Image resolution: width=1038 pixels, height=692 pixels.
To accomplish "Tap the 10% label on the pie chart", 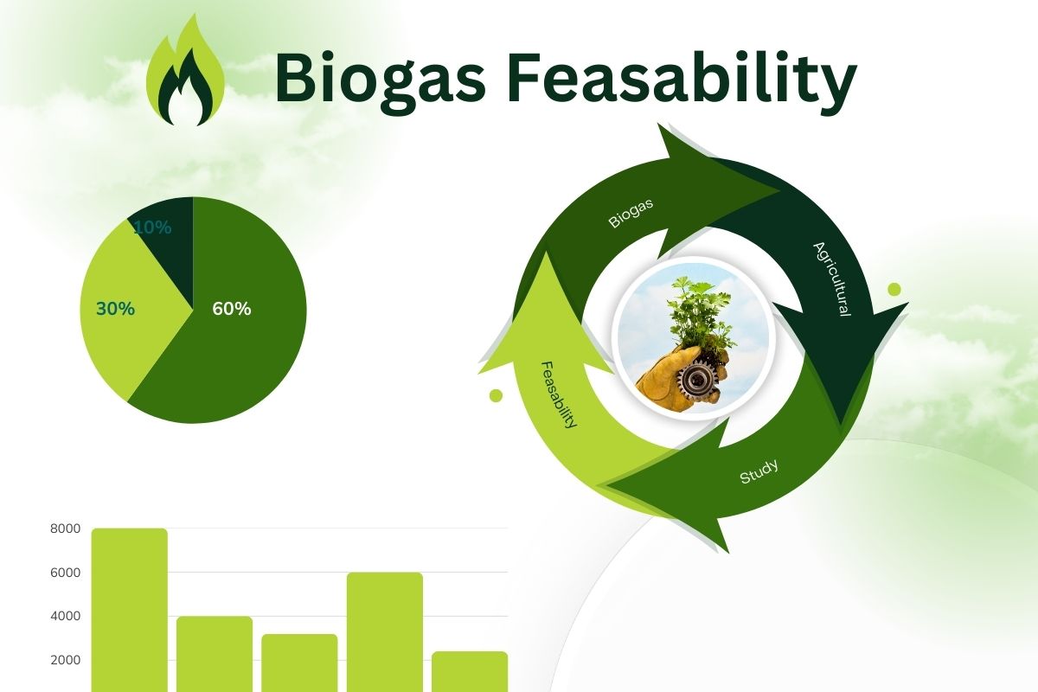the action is tap(152, 227).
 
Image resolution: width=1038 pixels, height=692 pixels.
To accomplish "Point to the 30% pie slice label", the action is tap(115, 309).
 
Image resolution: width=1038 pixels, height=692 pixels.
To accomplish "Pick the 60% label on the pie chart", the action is tap(232, 309).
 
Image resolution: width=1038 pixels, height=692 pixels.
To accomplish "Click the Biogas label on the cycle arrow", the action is tap(631, 213).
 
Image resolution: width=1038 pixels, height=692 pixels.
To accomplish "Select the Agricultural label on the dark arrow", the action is tap(833, 279).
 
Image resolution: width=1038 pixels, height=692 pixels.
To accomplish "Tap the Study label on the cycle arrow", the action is tap(759, 471).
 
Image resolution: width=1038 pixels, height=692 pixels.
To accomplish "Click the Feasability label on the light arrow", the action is tap(560, 395).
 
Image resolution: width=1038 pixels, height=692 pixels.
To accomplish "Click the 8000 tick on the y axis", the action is tap(66, 529).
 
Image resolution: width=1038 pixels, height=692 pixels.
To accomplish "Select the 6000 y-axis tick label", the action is tap(66, 573).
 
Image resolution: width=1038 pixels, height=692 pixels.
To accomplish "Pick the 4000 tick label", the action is tap(66, 616).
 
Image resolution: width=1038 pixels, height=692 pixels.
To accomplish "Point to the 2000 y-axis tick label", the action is tap(66, 660).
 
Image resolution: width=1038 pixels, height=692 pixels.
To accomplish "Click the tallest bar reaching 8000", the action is tap(130, 610).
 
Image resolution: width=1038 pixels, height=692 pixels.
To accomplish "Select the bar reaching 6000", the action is tap(385, 632).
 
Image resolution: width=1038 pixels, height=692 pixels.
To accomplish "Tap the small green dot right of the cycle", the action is tap(894, 290).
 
